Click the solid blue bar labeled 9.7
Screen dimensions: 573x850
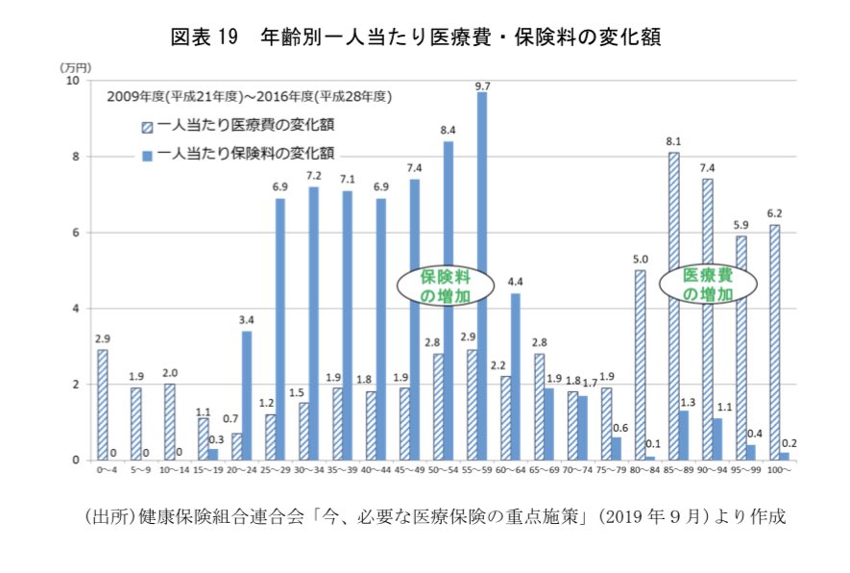click(482, 276)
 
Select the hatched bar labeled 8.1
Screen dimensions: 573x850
click(674, 306)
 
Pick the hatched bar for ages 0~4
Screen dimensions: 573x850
click(103, 405)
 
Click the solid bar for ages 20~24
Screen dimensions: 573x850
click(247, 395)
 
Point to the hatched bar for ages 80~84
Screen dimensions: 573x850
click(641, 364)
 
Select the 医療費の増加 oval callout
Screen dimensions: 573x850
click(708, 285)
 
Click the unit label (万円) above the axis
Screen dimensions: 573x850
click(74, 67)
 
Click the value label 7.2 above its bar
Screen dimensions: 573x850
click(313, 176)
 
